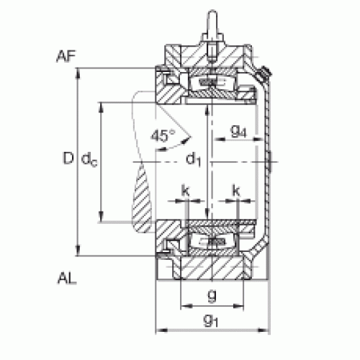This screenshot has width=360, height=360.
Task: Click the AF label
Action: click(x=66, y=56)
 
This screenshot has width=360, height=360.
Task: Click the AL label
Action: click(x=67, y=279)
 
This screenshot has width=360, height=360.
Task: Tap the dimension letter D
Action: click(x=68, y=158)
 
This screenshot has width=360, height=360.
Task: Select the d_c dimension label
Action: click(x=89, y=159)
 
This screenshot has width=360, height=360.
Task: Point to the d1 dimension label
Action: click(x=194, y=158)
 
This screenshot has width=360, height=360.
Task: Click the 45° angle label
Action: click(x=163, y=135)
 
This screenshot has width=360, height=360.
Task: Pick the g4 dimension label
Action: click(x=238, y=132)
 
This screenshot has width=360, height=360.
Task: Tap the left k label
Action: click(x=185, y=191)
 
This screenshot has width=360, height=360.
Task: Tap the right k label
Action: click(x=236, y=191)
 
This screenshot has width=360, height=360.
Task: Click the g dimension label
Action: click(x=212, y=295)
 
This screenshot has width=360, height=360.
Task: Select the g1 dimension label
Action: click(x=211, y=320)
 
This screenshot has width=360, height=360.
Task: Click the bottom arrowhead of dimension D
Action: click(x=78, y=251)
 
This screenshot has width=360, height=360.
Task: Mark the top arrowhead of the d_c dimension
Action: click(x=102, y=107)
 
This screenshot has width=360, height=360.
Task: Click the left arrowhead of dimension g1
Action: click(x=161, y=330)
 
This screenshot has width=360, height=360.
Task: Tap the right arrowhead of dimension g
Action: click(x=238, y=306)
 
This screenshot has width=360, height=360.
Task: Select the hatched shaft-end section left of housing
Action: click(x=142, y=199)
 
